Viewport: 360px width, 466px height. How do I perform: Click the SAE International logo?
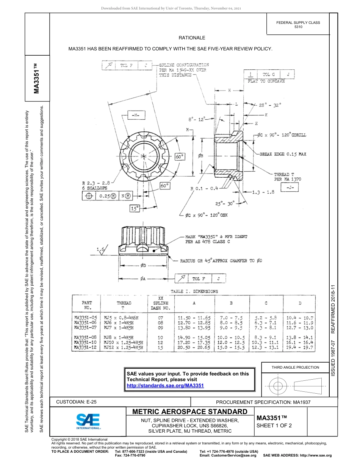tap(88, 421)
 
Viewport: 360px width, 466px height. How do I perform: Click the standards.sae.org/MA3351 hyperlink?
tap(165, 385)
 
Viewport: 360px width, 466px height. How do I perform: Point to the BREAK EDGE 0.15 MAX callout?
tap(283, 154)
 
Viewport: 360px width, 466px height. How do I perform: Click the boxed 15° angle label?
tap(135, 208)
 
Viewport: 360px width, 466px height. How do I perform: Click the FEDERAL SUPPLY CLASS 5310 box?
tap(298, 25)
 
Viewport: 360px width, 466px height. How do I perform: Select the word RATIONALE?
tap(192, 38)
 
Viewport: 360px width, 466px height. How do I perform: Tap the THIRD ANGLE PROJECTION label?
tap(295, 367)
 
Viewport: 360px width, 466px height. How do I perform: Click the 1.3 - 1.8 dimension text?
tap(263, 192)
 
